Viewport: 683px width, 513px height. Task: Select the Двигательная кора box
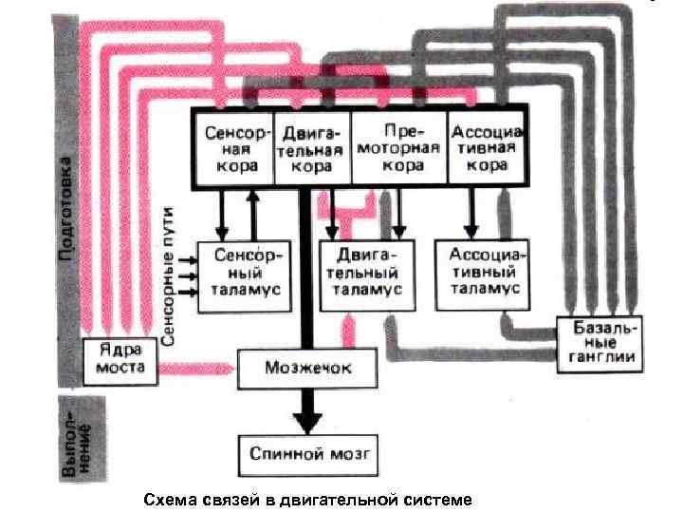(311, 147)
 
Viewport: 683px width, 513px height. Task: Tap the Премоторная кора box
(397, 147)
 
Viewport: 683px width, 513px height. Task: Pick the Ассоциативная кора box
(487, 147)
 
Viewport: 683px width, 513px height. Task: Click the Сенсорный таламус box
(244, 275)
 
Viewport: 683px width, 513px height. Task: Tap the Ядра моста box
(119, 359)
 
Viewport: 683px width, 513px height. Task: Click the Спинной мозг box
(308, 454)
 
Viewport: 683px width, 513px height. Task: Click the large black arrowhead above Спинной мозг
(305, 418)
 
